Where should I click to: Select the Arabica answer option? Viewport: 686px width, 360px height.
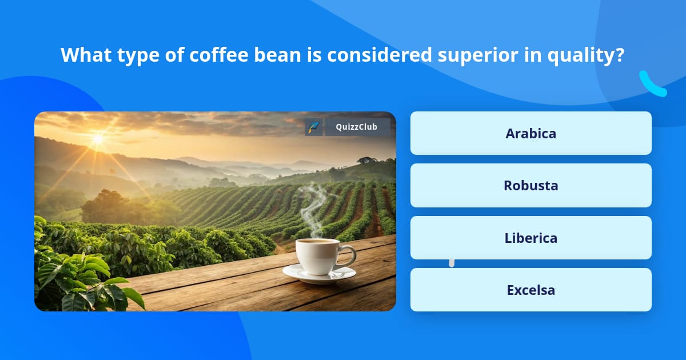[531, 133]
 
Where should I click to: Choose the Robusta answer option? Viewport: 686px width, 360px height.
[531, 185]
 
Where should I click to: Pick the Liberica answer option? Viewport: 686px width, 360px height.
[531, 238]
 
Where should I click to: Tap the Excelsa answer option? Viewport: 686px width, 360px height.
[531, 290]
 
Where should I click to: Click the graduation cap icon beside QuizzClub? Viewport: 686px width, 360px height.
[314, 127]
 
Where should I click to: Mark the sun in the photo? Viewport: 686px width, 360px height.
[98, 138]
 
